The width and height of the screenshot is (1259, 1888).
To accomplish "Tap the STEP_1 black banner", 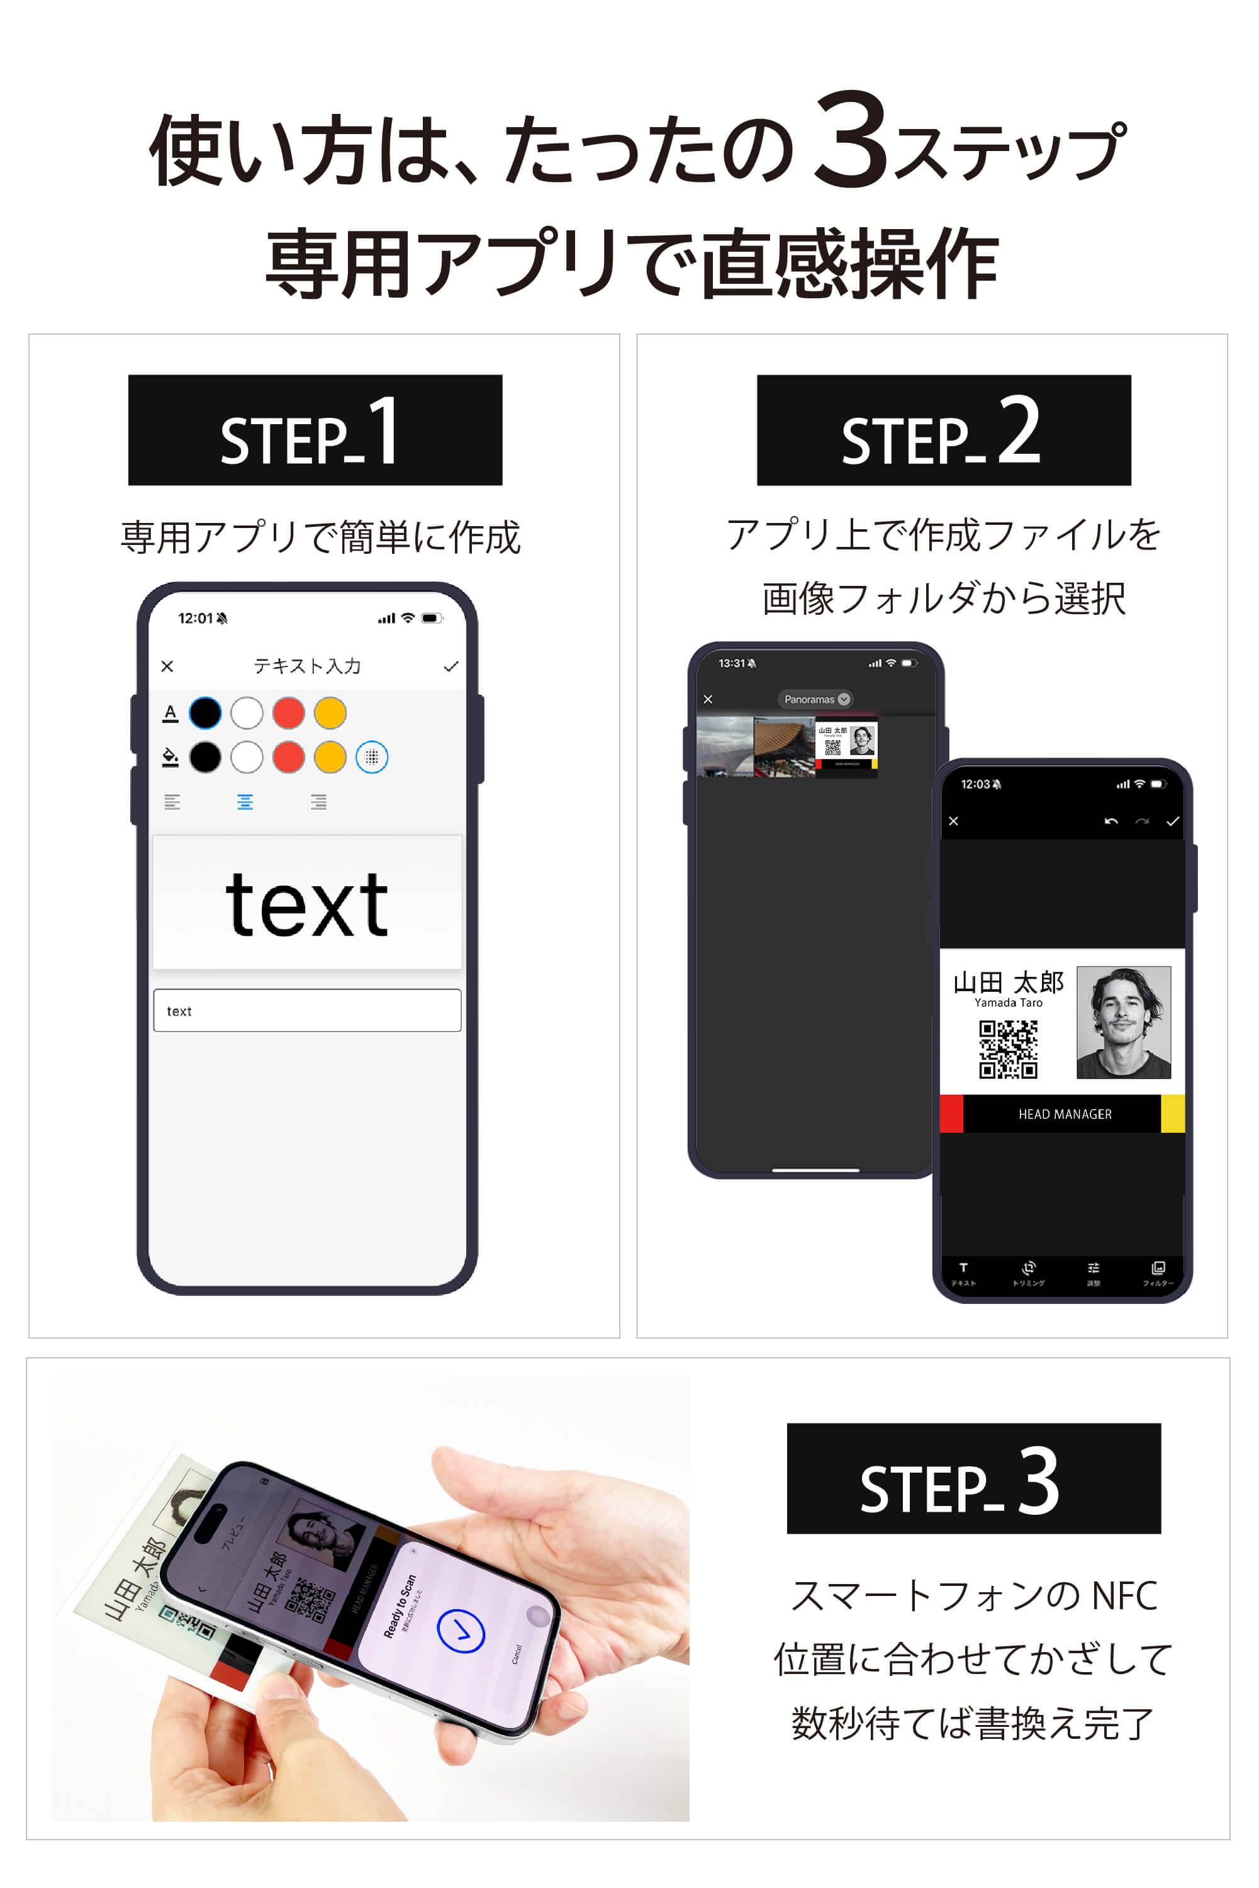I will [315, 430].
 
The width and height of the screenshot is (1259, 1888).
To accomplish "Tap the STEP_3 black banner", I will [973, 1478].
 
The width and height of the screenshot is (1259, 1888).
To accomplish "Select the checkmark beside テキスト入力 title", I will [450, 666].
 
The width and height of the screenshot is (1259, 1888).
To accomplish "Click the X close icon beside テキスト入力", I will [167, 666].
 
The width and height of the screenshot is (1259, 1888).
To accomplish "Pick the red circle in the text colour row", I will [288, 712].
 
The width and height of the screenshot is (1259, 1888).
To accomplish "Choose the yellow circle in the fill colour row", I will [330, 756].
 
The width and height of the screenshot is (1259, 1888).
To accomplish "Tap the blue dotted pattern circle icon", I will [372, 756].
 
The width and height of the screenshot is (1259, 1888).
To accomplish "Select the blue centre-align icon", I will [245, 802].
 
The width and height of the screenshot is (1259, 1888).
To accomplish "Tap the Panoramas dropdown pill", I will [815, 699].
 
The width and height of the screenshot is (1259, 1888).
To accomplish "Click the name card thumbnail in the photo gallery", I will [846, 746].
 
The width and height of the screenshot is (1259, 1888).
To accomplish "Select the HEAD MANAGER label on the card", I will [1064, 1114].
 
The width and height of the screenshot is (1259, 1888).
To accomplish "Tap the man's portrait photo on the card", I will [1122, 1021].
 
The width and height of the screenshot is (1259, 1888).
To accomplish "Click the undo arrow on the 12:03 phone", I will [1111, 821].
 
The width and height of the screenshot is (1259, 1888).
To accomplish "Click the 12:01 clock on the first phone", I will [195, 617].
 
